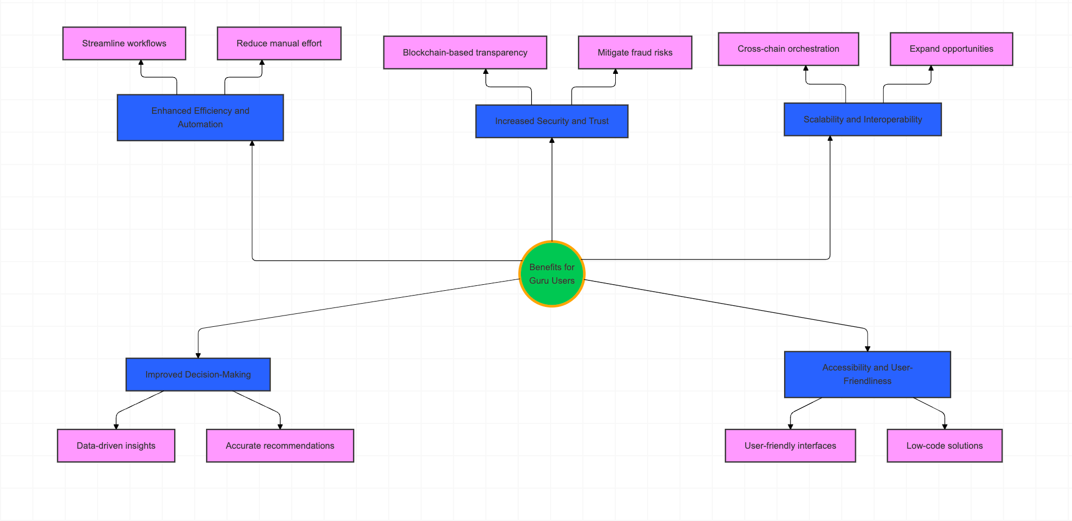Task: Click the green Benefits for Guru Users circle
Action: click(552, 274)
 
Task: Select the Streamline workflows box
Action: click(124, 43)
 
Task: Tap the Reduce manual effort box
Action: click(279, 43)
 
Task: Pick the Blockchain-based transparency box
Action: click(465, 52)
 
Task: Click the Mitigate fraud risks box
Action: click(635, 52)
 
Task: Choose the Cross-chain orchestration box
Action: click(788, 49)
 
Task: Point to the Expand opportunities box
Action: click(951, 49)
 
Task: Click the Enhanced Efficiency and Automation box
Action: click(200, 118)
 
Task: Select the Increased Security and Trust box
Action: click(552, 121)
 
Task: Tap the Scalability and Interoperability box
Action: click(862, 119)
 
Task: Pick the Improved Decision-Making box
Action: click(198, 374)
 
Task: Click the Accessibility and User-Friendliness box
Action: click(867, 374)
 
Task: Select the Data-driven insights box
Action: click(116, 445)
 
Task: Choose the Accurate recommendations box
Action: click(280, 445)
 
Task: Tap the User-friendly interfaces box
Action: click(790, 445)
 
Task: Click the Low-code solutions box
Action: click(944, 445)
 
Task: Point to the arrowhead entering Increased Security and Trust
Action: click(552, 140)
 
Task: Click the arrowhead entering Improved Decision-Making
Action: click(198, 355)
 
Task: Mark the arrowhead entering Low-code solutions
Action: click(944, 427)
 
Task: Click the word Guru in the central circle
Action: click(539, 280)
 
